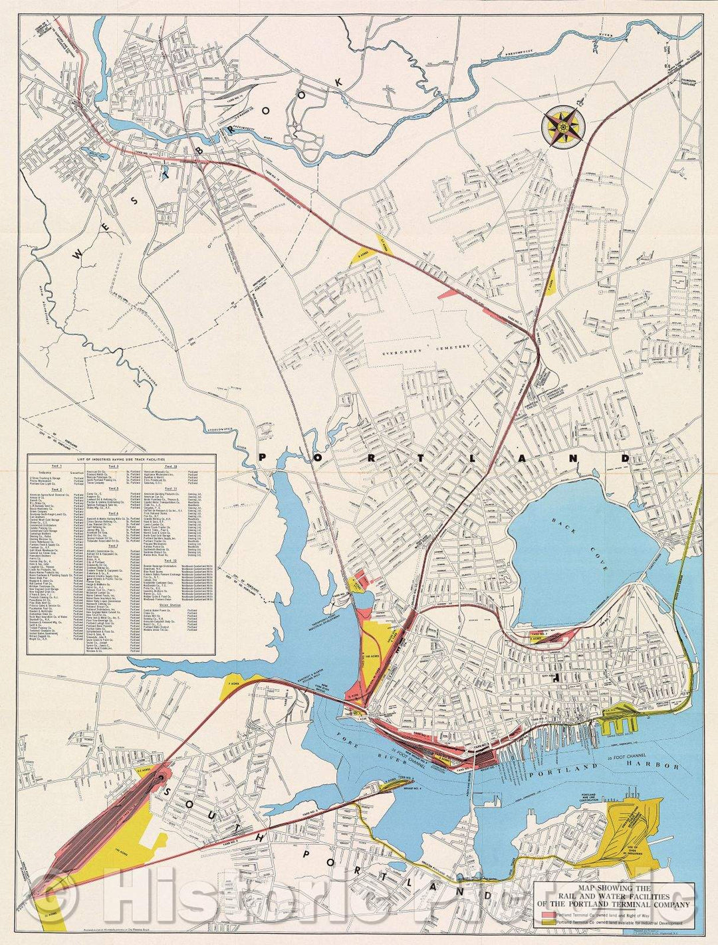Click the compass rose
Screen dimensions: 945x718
(563, 126)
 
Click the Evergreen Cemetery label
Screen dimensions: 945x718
(429, 347)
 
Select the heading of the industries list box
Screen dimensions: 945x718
(122, 459)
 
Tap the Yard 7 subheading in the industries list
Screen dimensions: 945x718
(114, 546)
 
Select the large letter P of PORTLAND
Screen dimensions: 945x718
(262, 457)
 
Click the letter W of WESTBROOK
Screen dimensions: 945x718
(79, 253)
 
